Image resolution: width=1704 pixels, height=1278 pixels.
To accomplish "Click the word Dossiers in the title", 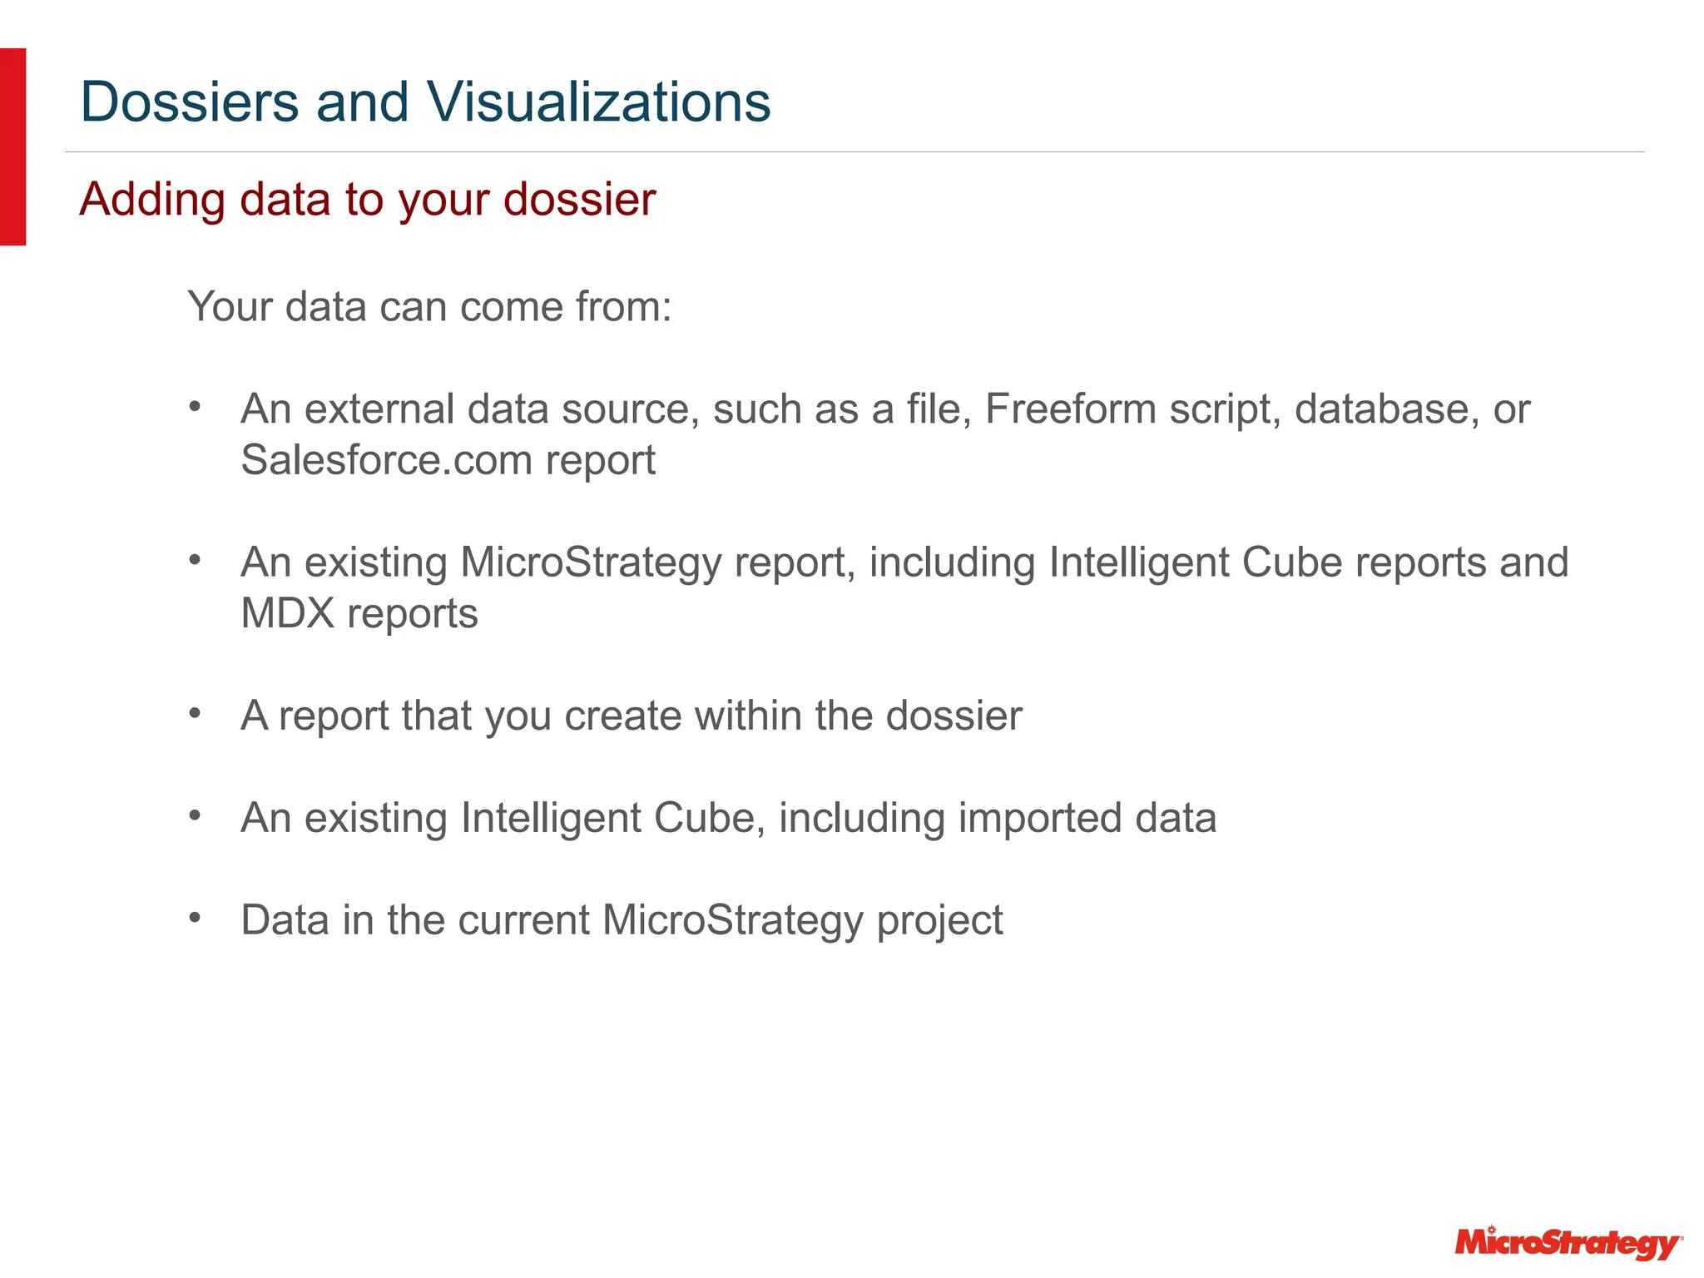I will [x=189, y=102].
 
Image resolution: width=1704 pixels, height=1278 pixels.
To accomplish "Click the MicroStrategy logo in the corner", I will [x=1568, y=1243].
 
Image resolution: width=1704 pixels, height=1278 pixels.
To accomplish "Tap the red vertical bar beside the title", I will [x=12, y=146].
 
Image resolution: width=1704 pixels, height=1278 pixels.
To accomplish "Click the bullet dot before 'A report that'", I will [x=195, y=713].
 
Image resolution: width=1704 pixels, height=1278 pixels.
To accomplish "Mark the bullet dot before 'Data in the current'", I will [x=195, y=918].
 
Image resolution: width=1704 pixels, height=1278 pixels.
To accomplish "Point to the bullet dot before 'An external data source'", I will [x=195, y=407].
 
